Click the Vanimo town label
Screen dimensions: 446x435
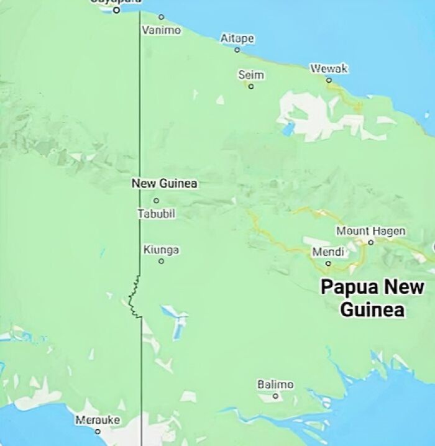pos(161,30)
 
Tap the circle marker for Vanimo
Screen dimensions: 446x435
pos(162,17)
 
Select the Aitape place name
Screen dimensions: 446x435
pos(237,39)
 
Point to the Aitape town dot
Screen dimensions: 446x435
pos(237,50)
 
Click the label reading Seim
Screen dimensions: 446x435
pos(251,75)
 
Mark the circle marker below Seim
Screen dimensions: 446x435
pos(251,86)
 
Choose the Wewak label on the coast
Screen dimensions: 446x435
pos(329,68)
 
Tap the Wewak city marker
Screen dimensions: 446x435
pos(329,80)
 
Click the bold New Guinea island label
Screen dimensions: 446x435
pos(164,183)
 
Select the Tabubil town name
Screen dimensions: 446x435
pos(156,214)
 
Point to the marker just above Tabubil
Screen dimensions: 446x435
pos(156,201)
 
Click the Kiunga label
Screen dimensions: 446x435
pos(162,250)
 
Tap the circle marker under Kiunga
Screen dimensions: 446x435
pos(162,261)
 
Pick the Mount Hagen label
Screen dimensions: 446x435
pos(370,231)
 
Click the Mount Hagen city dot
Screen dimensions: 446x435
pos(370,242)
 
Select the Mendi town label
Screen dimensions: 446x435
pos(327,252)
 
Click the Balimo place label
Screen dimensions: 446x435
pos(275,385)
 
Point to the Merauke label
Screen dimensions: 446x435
pos(98,420)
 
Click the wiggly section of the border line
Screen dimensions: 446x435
pos(133,297)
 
